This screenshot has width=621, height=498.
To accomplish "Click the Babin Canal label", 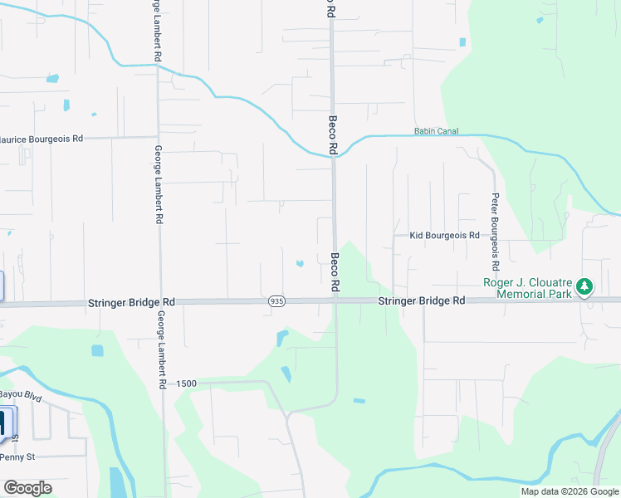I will [436, 131].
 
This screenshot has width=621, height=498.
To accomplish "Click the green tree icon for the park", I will [585, 287].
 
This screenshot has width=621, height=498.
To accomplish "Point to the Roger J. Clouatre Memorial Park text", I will [529, 288].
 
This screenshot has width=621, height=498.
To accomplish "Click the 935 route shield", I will [277, 301].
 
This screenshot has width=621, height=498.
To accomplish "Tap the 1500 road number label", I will [186, 383].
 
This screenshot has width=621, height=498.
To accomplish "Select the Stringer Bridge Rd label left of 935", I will [131, 304].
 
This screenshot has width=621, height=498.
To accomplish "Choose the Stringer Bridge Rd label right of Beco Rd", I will [422, 301].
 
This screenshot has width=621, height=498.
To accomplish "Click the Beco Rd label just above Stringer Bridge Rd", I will [336, 272].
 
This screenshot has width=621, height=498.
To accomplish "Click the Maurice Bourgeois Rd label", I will [42, 139].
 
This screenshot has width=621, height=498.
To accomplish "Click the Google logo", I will [27, 488].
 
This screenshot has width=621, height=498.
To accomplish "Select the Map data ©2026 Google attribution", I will [570, 491].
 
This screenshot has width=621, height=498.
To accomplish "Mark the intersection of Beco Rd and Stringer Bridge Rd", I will [335, 301].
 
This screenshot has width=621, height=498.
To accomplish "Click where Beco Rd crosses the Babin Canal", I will [333, 154].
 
